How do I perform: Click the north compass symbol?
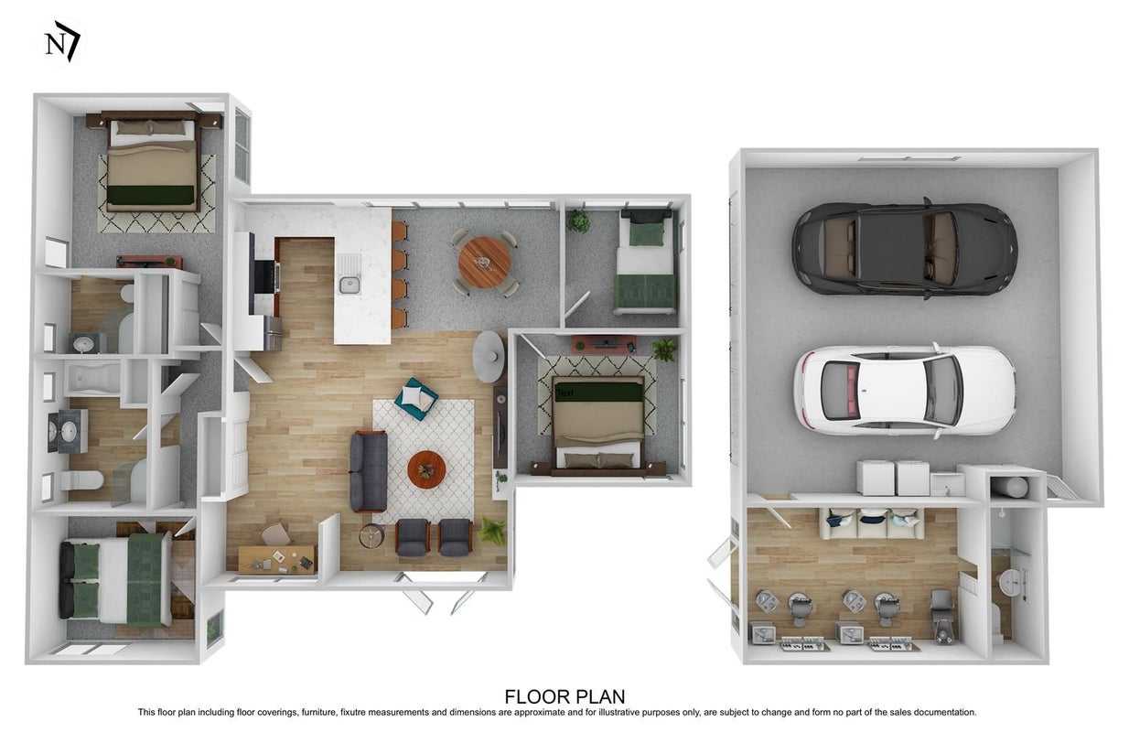(x=61, y=42)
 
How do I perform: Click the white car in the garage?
(x=905, y=392)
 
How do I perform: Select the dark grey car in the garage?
(x=905, y=249)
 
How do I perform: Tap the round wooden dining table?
(x=485, y=263)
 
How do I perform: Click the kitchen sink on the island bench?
(x=349, y=285)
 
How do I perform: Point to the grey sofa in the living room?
(x=369, y=471)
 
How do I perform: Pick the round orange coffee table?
(x=426, y=469)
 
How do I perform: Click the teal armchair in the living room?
(x=416, y=398)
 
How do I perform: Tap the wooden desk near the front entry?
(x=276, y=559)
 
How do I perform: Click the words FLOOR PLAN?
(x=564, y=696)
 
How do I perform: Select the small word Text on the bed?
(x=565, y=393)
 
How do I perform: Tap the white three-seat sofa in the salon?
(x=871, y=523)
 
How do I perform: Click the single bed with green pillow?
(x=646, y=263)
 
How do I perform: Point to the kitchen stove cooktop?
(x=266, y=276)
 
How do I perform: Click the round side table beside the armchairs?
(x=372, y=536)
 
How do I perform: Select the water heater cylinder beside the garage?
(x=1009, y=487)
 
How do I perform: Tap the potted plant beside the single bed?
(x=578, y=221)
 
